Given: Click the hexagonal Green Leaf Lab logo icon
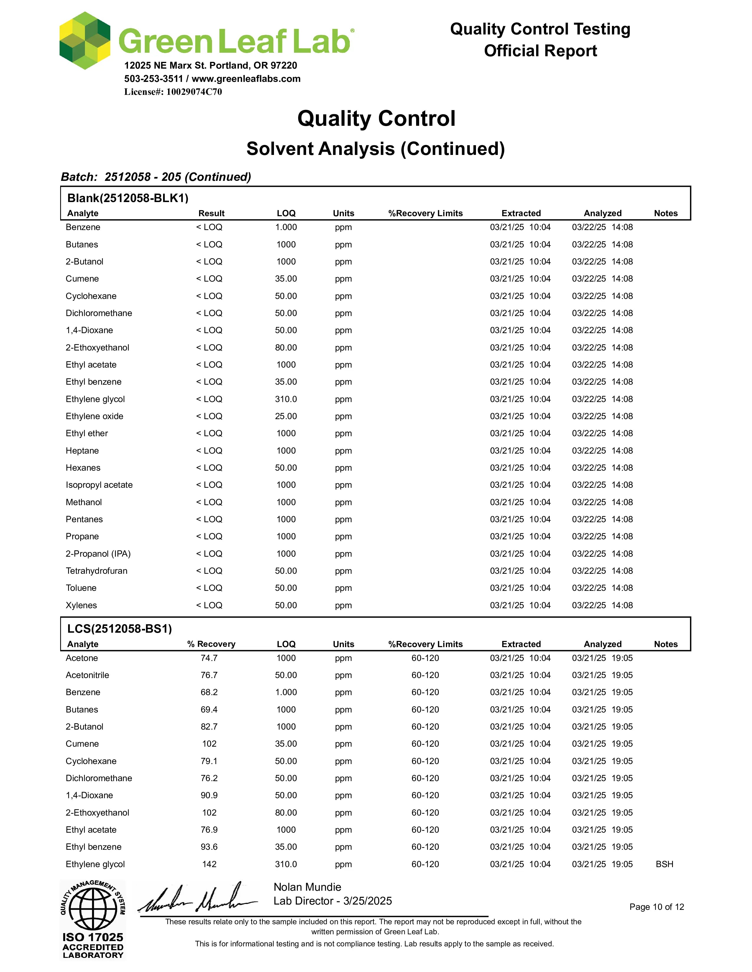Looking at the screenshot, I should pos(85,41).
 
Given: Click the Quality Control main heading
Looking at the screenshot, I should pos(376,119).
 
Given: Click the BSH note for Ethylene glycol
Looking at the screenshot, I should pos(664,864).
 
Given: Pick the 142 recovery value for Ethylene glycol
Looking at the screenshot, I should pos(209,864).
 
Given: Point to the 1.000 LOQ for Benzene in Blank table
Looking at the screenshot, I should pos(285,227).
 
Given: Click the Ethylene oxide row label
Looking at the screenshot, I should pos(94,416).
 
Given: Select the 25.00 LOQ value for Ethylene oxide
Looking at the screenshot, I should pos(285,416).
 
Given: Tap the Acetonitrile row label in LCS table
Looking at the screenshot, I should pos(87,675).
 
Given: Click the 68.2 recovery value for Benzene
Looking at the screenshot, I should pos(209,692).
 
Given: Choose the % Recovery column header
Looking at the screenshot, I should pos(211,644).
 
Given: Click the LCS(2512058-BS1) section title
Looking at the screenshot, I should pos(119,629).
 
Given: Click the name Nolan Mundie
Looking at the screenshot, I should pos(307,887).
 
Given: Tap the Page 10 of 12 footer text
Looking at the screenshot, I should pos(656,907).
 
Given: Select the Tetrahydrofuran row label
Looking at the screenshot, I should pos(96,571).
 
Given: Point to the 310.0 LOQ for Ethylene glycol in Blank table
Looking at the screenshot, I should pos(285,399).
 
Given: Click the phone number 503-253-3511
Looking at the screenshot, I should pos(154,79).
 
